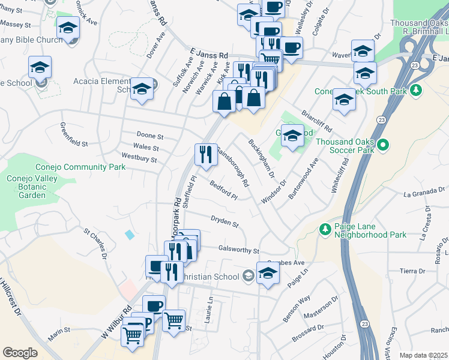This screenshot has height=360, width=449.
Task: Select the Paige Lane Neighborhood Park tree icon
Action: coord(325,229)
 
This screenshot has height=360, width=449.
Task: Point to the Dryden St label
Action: coord(224,222)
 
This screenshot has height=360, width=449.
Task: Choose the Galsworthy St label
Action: coord(239,250)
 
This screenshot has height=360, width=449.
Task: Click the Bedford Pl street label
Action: coord(224,191)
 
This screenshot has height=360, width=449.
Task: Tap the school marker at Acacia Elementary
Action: coord(142,89)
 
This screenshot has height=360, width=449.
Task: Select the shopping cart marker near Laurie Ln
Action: coord(174,320)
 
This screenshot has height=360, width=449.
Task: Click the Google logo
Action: coord(20,353)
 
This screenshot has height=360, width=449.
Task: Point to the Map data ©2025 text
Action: coord(423,355)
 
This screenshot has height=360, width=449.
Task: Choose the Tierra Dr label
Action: coord(414,271)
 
